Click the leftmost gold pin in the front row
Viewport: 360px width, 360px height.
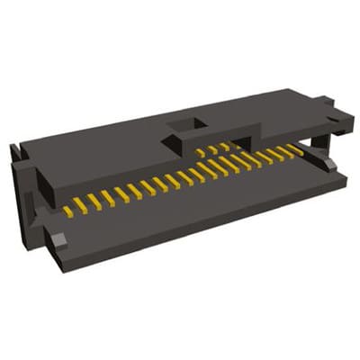pos(68,211)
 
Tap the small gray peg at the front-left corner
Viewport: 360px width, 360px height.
pos(58,240)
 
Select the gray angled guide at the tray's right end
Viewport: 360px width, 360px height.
pos(329,163)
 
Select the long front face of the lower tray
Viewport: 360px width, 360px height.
pos(207,225)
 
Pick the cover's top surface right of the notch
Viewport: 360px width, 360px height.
pos(261,112)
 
